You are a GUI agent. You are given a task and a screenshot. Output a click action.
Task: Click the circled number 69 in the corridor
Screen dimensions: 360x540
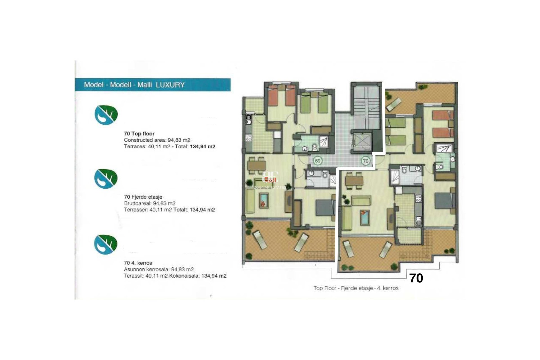[x=318, y=161]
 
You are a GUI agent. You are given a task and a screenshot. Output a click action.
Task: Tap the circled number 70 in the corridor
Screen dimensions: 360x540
[x=365, y=161]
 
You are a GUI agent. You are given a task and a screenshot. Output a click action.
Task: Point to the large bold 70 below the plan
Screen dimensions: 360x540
[x=416, y=278]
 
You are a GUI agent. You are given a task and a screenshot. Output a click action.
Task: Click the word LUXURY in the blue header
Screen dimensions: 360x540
[x=170, y=85]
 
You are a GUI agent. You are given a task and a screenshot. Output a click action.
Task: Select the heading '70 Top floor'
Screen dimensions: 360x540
[x=139, y=134]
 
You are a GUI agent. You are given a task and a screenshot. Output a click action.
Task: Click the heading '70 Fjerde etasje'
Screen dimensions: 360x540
[x=143, y=197]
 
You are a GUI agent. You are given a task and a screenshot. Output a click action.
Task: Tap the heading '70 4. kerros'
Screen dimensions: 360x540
[x=138, y=263]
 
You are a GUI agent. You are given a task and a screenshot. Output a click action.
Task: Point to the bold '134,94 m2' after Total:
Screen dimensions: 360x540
[x=202, y=147]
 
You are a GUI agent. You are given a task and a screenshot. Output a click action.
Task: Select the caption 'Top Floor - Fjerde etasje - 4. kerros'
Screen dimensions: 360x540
[x=356, y=288]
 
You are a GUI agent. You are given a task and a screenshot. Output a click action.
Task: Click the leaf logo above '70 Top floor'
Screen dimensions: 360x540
[x=106, y=115]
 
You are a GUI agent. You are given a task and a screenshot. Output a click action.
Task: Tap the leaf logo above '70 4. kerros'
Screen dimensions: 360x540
[x=105, y=244]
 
